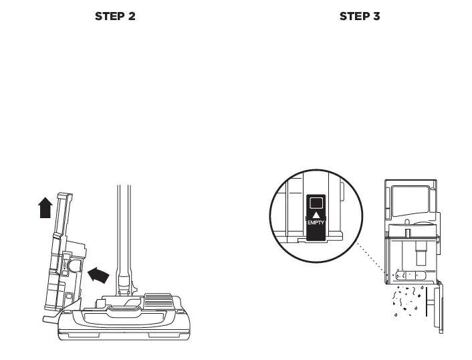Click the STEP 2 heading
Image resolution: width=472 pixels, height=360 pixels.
coord(115,16)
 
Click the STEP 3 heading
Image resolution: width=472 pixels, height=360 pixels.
coord(360,16)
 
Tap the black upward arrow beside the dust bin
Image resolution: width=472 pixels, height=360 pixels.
coord(45,207)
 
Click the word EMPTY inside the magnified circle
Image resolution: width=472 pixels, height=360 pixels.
coord(316,222)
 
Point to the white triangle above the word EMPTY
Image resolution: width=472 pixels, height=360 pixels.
coord(316,213)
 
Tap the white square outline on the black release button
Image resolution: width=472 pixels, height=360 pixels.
coord(316,203)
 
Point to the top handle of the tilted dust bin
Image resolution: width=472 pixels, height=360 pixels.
coord(64,197)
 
